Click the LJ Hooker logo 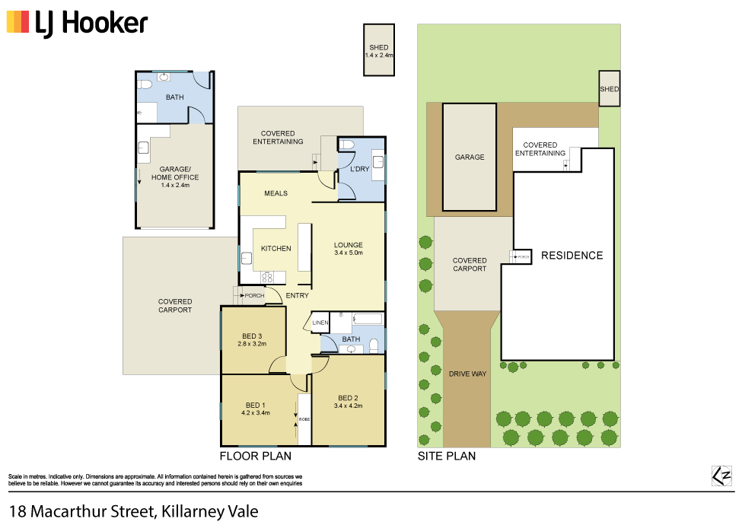click(x=77, y=22)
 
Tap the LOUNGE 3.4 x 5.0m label click(x=349, y=249)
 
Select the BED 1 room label click(x=255, y=409)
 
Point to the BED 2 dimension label click(x=349, y=406)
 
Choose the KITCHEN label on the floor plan click(x=275, y=249)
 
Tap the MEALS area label click(x=275, y=193)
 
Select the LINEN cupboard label click(x=320, y=323)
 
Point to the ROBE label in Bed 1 click(x=304, y=419)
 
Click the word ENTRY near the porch click(x=297, y=296)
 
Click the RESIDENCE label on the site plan click(x=572, y=256)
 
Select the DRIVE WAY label click(x=467, y=374)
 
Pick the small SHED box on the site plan click(x=609, y=89)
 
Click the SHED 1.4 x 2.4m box click(x=378, y=51)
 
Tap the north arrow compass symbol click(x=721, y=476)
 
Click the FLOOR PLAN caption click(x=256, y=457)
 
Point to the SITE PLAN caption click(x=446, y=457)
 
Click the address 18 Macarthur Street click(x=133, y=511)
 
